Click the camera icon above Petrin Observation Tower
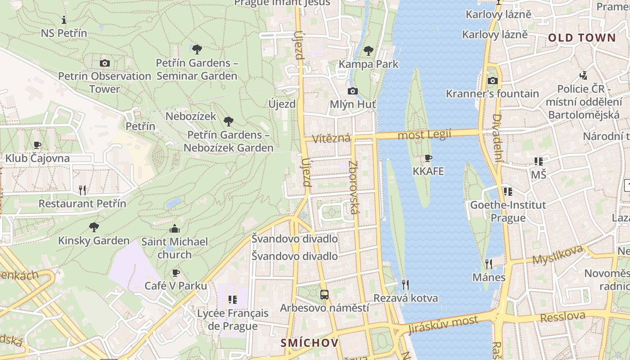(105, 63)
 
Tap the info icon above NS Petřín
(64, 20)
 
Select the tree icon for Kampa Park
(369, 51)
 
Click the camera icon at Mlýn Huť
(353, 91)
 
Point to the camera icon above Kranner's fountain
(493, 81)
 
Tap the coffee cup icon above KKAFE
(428, 158)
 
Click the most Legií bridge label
(424, 135)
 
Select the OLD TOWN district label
(581, 38)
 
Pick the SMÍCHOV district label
(310, 343)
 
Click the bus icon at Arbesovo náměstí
(324, 295)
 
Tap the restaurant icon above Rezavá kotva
(405, 284)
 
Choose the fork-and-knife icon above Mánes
(489, 264)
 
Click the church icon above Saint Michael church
(175, 229)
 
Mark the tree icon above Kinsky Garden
(94, 227)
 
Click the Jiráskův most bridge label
(443, 325)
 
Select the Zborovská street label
(354, 187)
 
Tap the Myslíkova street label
(558, 255)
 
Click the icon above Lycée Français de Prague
(233, 300)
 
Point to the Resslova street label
(562, 317)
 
